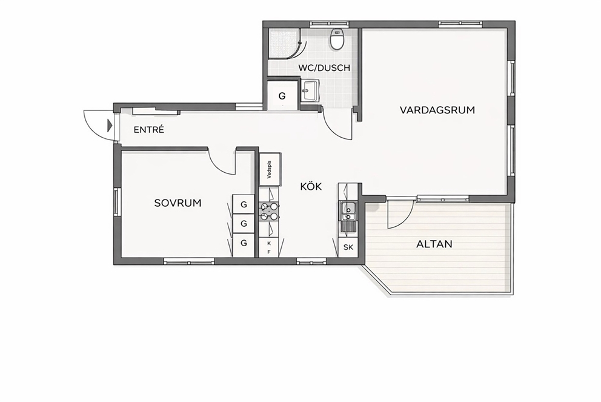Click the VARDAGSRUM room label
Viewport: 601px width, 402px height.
click(437, 110)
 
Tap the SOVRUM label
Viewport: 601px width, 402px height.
click(178, 203)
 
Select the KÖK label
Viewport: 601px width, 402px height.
click(311, 186)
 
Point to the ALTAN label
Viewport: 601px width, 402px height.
click(434, 244)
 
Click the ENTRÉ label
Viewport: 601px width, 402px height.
click(148, 130)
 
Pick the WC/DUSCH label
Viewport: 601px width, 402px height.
click(324, 68)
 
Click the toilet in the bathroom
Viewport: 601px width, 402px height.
click(337, 39)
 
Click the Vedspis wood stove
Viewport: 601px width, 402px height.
click(270, 169)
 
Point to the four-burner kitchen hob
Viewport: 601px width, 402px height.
click(269, 212)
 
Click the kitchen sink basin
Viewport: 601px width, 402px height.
click(348, 210)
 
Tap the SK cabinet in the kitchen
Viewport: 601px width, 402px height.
click(348, 247)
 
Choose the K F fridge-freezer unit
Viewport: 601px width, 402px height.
click(268, 247)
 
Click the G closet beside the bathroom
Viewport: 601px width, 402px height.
click(282, 95)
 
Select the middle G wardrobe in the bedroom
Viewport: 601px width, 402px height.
click(244, 223)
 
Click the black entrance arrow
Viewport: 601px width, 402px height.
click(110, 125)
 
